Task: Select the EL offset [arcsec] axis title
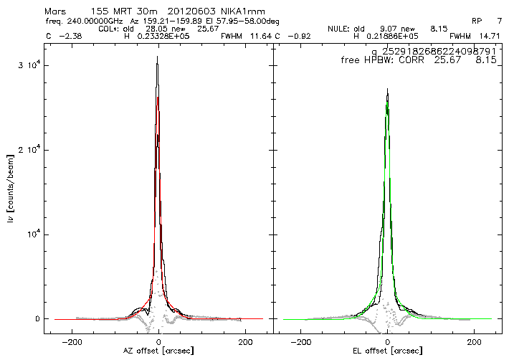tap(387, 351)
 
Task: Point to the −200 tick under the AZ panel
tap(72, 342)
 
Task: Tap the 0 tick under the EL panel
tap(387, 342)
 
